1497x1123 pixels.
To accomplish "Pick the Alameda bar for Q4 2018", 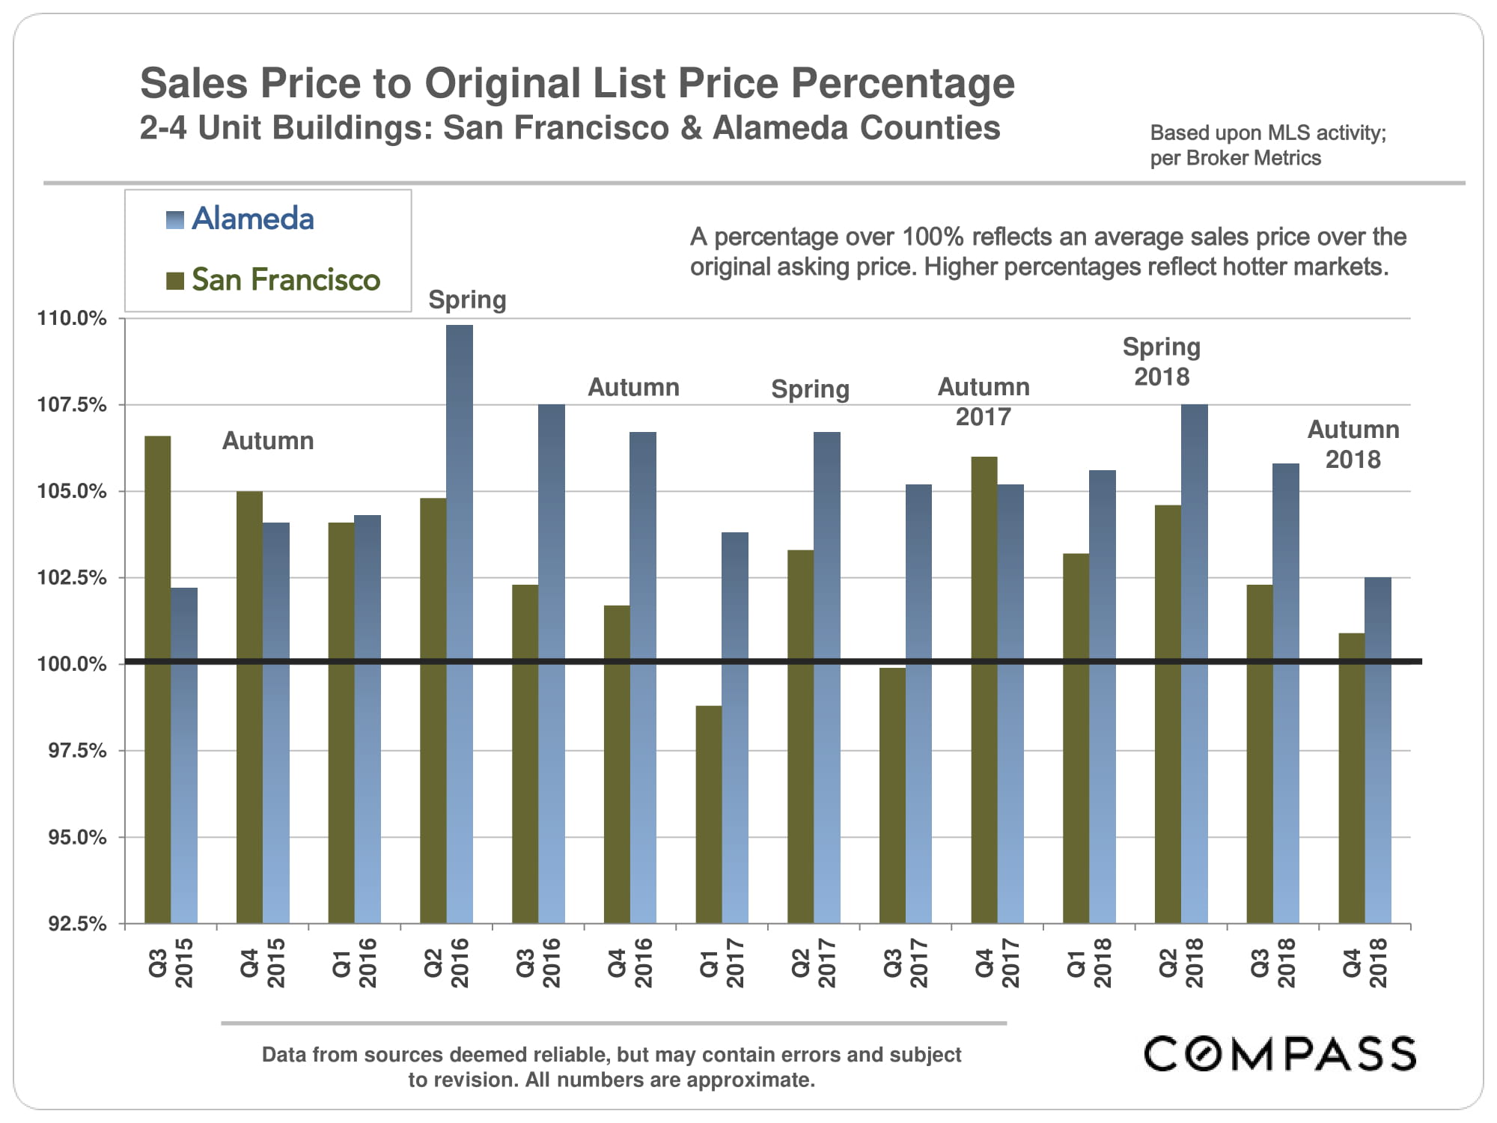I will click(x=1378, y=749).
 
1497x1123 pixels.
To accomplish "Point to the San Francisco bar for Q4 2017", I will click(x=984, y=689).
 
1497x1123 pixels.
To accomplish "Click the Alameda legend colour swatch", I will click(x=174, y=219).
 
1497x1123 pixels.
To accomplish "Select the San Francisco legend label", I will click(x=286, y=280).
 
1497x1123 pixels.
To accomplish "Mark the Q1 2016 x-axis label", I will click(x=355, y=963).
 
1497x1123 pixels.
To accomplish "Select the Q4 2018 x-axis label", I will click(x=1365, y=963).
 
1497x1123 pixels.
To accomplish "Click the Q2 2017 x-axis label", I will click(x=814, y=963).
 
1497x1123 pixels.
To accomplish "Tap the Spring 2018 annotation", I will click(x=1162, y=362).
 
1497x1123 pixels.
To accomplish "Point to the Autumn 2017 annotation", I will click(x=984, y=402).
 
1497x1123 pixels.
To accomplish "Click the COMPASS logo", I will click(x=1280, y=1053).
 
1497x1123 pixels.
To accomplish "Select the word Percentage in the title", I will click(x=903, y=83).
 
